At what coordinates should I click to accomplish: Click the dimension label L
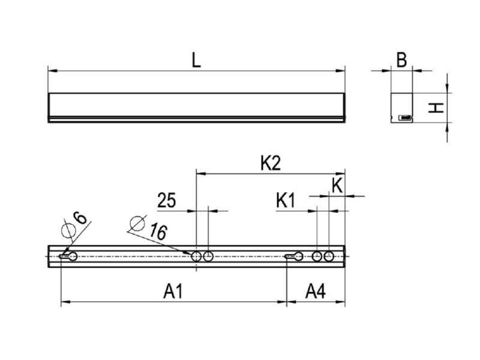[x=196, y=60]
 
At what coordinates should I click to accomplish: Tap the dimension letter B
[x=401, y=60]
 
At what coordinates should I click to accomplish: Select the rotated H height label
[x=436, y=108]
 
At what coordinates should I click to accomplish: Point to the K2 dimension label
[x=271, y=163]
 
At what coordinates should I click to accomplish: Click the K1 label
[x=286, y=201]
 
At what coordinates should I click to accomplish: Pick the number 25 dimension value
[x=167, y=201]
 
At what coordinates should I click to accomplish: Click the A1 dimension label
[x=173, y=291]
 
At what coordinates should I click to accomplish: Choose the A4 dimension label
[x=316, y=291]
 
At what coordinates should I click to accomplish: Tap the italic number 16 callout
[x=158, y=232]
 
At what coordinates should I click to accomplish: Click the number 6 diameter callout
[x=80, y=218]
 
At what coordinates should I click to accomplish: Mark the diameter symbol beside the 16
[x=137, y=223]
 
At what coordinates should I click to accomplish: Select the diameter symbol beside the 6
[x=68, y=230]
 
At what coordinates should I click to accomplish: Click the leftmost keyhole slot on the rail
[x=68, y=257]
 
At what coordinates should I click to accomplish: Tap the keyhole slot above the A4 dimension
[x=294, y=257]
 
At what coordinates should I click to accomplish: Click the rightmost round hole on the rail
[x=329, y=257]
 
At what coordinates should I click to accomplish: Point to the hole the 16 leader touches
[x=196, y=257]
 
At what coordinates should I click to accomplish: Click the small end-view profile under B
[x=401, y=108]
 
